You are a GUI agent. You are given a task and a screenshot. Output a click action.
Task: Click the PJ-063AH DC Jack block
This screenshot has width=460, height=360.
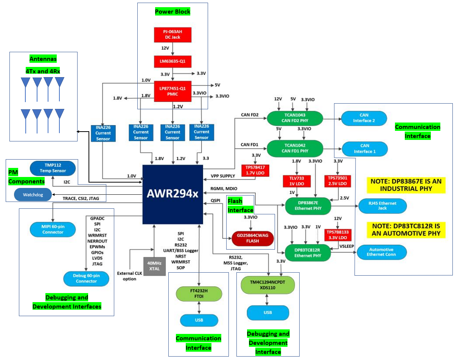(x=172, y=34)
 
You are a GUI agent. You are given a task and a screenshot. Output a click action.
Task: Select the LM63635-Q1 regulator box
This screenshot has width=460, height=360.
(x=172, y=61)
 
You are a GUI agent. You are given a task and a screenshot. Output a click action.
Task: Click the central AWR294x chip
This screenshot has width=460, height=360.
(x=172, y=194)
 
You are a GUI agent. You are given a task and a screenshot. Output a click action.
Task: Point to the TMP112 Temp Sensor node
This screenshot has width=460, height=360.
(x=53, y=168)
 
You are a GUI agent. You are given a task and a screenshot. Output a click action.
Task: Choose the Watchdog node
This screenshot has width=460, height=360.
(x=33, y=195)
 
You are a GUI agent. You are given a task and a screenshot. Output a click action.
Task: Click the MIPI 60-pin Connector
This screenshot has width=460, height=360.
(x=53, y=229)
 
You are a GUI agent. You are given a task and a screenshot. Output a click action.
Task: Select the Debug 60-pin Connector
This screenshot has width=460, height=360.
(x=86, y=279)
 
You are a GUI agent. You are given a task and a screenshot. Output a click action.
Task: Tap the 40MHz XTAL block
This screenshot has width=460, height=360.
(x=154, y=266)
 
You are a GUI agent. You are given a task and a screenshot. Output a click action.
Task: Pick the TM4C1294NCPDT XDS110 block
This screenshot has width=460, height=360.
(x=268, y=286)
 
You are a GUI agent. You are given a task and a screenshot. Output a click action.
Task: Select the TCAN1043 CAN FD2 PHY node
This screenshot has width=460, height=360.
(x=295, y=118)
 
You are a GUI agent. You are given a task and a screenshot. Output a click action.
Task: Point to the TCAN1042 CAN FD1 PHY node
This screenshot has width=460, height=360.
(x=295, y=148)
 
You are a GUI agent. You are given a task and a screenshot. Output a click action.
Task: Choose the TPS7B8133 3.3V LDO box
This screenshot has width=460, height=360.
(x=338, y=235)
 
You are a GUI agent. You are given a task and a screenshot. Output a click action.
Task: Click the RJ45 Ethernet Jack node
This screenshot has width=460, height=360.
(x=382, y=206)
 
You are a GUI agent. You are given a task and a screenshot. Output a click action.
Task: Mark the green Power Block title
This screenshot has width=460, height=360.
(x=172, y=11)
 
